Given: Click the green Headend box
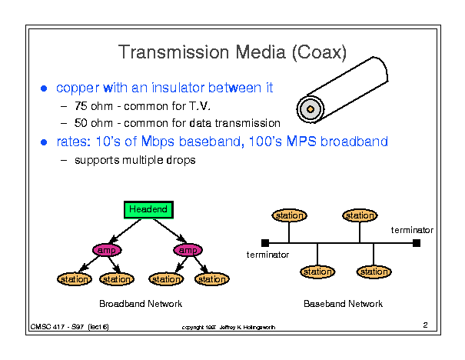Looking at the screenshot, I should (x=148, y=209).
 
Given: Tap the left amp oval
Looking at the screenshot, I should (x=107, y=250).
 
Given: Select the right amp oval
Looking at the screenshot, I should (x=186, y=250).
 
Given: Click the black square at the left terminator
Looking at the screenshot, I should (x=265, y=243).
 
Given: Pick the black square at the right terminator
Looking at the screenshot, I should (x=417, y=243).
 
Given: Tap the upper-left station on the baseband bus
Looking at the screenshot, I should (x=290, y=215).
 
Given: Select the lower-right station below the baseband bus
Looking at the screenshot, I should (x=374, y=272).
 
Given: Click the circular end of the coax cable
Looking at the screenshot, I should (x=311, y=108).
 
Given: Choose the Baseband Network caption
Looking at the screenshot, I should (x=343, y=304).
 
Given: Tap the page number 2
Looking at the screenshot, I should (x=424, y=325).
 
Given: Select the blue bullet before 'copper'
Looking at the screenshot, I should (x=45, y=88).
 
